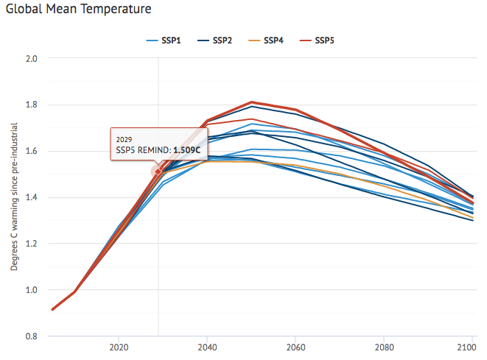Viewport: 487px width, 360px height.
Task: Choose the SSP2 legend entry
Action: coord(223,39)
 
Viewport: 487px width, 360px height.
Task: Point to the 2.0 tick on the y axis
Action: coord(33,57)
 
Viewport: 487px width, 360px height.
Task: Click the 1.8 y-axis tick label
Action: coord(33,105)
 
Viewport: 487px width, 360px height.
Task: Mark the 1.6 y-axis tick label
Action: coord(33,151)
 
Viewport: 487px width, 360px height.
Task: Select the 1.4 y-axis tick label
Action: coord(33,197)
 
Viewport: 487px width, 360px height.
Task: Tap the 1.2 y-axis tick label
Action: coord(33,244)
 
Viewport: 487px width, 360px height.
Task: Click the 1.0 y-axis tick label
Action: coord(33,290)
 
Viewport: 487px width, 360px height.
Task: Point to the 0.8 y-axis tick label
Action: coord(33,336)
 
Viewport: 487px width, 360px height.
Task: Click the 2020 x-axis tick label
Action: coord(119,346)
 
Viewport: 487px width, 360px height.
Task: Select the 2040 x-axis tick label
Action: coord(207,346)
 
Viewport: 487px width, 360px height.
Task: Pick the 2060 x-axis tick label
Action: coord(295,346)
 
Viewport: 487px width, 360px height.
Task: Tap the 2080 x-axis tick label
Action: coord(383,346)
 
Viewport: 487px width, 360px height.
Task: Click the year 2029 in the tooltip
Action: coord(125,138)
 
